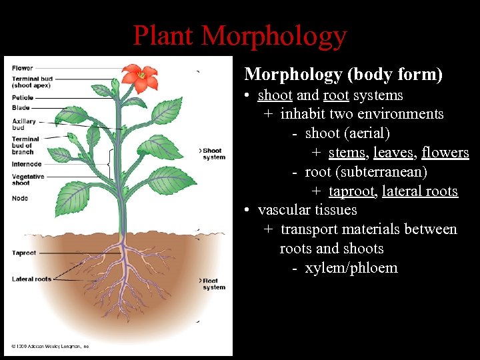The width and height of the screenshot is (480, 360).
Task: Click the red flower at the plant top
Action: click(142, 77)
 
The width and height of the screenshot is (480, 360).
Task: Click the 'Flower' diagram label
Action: click(22, 68)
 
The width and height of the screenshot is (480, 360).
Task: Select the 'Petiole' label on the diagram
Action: click(23, 98)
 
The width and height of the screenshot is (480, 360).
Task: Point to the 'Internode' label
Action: click(27, 164)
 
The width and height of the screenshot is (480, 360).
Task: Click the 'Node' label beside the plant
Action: click(19, 198)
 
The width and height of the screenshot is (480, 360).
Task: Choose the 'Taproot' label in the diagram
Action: click(23, 253)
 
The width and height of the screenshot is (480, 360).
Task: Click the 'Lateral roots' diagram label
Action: click(31, 279)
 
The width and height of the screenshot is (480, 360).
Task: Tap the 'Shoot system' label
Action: click(214, 154)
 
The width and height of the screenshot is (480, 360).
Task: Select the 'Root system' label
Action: click(214, 284)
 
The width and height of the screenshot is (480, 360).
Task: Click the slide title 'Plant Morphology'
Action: click(240, 35)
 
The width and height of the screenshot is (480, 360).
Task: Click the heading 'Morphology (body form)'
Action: click(343, 74)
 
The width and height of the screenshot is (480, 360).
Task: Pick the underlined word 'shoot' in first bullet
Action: click(275, 95)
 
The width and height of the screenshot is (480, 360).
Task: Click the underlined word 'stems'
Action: click(347, 153)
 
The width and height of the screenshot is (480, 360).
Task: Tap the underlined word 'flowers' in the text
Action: click(445, 153)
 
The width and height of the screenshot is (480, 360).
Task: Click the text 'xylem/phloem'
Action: click(351, 269)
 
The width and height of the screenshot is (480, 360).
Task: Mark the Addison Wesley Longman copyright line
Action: click(50, 347)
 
